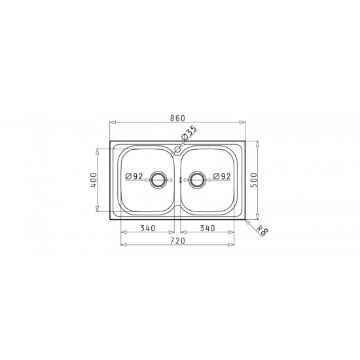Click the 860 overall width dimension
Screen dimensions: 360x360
(177, 118)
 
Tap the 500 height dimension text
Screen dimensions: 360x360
(254, 180)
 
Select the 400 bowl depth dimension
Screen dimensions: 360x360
(94, 180)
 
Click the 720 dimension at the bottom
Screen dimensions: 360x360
(177, 241)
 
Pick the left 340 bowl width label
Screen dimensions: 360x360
(148, 228)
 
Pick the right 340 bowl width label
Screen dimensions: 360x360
(207, 228)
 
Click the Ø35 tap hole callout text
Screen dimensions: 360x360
(189, 133)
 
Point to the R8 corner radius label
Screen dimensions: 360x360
(262, 230)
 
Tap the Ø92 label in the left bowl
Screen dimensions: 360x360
(134, 176)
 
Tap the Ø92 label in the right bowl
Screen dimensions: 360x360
(222, 176)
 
